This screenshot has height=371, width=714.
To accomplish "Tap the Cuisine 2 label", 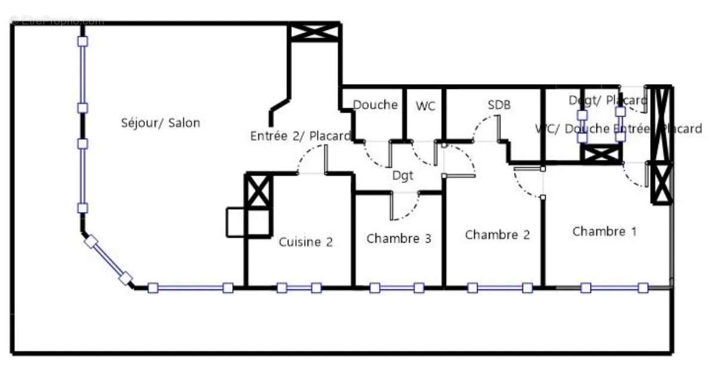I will click(x=306, y=242).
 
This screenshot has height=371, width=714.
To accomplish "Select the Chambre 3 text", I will click(x=399, y=239).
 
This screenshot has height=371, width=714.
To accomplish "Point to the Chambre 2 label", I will click(x=497, y=234).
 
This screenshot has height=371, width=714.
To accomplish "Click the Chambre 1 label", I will click(x=604, y=231).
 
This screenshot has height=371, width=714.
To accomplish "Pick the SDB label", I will click(x=499, y=105).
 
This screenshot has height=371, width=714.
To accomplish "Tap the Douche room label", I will click(x=375, y=105).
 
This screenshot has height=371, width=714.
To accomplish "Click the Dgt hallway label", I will click(x=403, y=175).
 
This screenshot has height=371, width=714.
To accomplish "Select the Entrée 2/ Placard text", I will click(x=300, y=136).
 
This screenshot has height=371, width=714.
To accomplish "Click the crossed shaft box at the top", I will click(x=314, y=32).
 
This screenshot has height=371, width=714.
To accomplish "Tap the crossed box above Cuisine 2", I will click(x=259, y=191).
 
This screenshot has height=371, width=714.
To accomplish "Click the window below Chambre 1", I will click(x=614, y=288).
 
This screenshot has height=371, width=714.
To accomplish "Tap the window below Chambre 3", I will click(x=396, y=288).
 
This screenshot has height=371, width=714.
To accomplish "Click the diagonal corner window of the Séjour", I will click(x=107, y=260).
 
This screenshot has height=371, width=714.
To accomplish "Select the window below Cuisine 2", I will click(x=298, y=288).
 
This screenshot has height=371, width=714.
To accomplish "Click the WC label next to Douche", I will click(x=426, y=106).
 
